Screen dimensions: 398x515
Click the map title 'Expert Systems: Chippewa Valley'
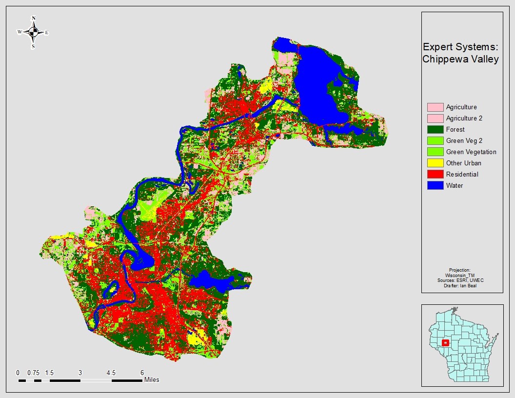click(460, 53)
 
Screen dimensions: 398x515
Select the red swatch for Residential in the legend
click(435, 174)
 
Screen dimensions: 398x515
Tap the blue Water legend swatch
click(435, 185)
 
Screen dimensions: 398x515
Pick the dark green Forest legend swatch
click(435, 129)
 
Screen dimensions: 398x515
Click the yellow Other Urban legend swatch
click(435, 163)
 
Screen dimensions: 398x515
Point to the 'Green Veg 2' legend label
click(464, 140)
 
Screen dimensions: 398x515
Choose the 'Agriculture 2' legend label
click(464, 118)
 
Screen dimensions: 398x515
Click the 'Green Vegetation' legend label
click(471, 152)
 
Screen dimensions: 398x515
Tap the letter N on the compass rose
click(33, 19)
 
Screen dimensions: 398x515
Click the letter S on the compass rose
click(33, 47)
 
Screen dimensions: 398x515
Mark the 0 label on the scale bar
click(18, 373)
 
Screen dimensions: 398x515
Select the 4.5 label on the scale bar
click(111, 373)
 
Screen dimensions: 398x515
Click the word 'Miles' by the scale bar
click(151, 379)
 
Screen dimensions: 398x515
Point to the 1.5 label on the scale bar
click(49, 373)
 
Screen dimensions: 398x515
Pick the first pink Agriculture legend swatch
click(435, 107)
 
